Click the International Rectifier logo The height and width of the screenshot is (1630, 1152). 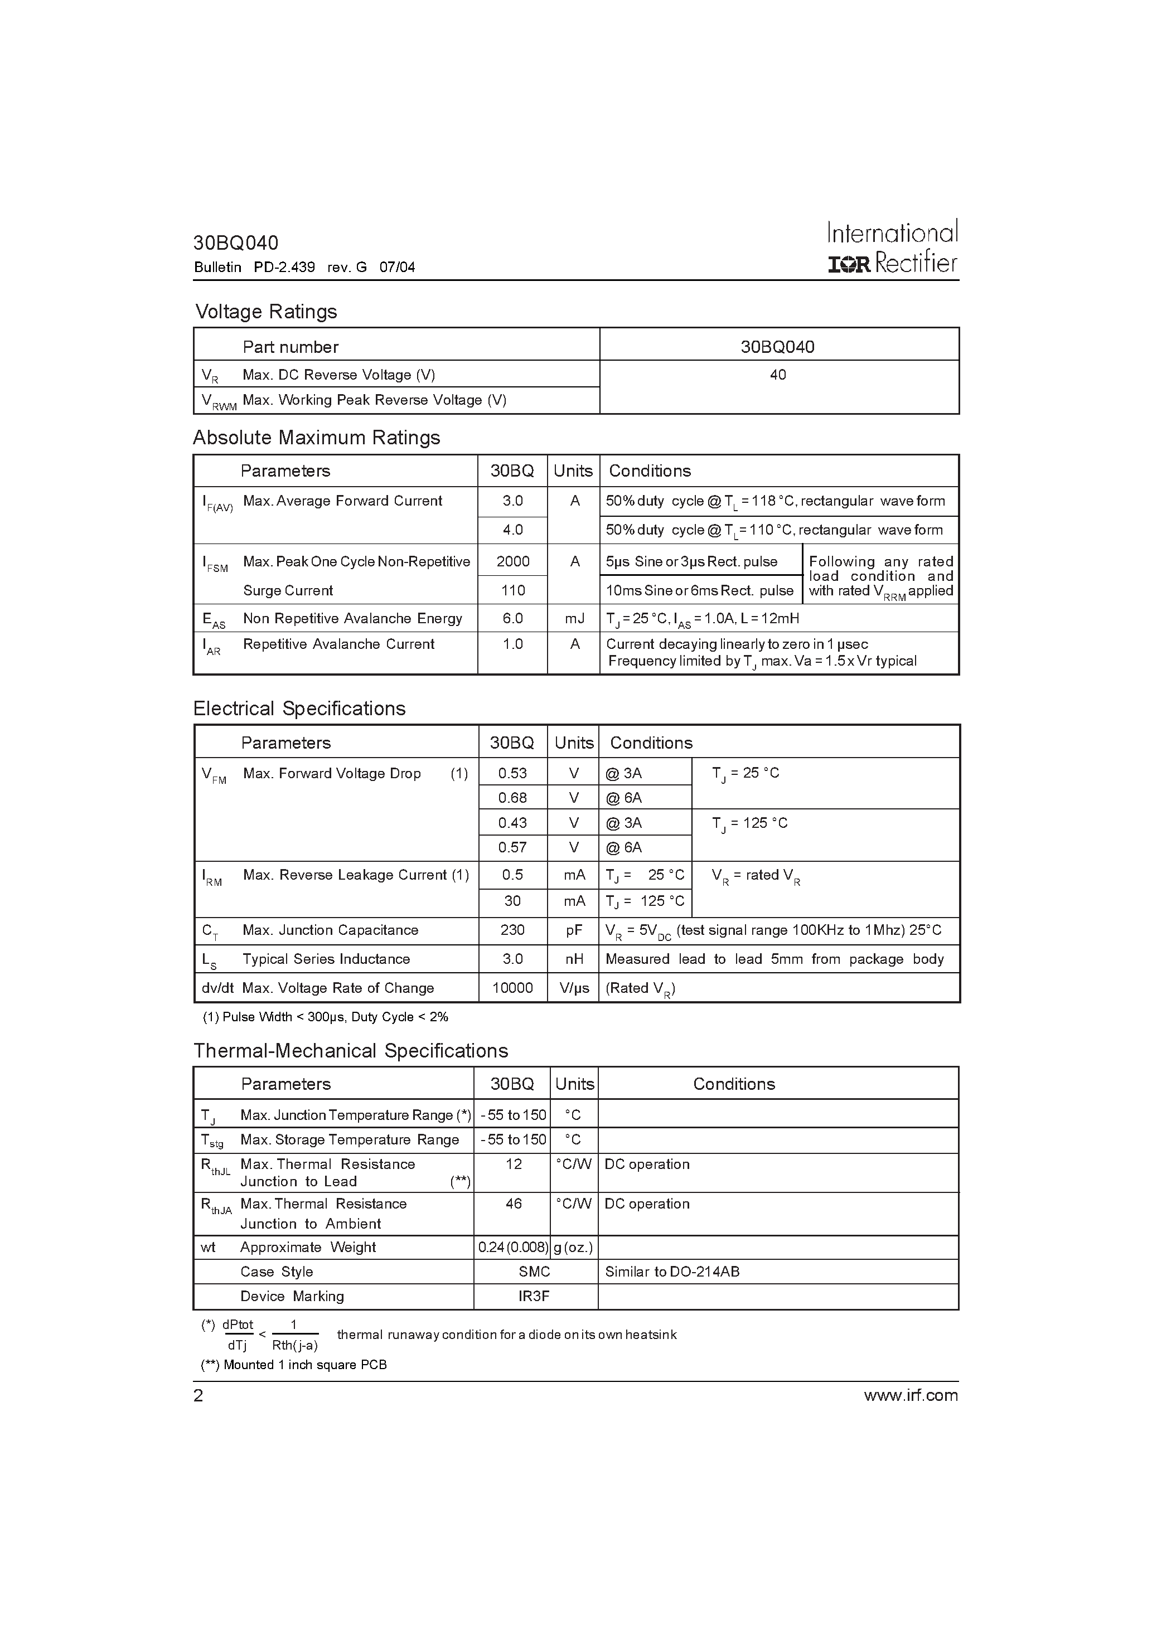(x=892, y=247)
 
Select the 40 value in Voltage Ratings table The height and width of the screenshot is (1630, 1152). (x=778, y=375)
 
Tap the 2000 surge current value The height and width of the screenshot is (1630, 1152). (x=513, y=561)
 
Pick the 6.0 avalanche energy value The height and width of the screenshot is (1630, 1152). (x=513, y=618)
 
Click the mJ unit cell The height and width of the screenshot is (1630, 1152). (x=574, y=618)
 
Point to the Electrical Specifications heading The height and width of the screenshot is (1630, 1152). (x=299, y=709)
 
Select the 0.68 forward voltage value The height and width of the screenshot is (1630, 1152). (x=513, y=798)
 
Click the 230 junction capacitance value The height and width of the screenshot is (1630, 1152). (x=513, y=930)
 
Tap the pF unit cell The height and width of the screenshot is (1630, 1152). (x=574, y=930)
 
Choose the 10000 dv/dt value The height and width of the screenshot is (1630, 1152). (x=513, y=988)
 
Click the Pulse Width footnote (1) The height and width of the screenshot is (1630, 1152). (x=325, y=1017)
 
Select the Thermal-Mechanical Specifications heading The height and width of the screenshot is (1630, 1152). (x=351, y=1051)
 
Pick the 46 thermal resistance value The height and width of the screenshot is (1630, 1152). (x=514, y=1204)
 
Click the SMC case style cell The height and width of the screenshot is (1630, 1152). (x=535, y=1272)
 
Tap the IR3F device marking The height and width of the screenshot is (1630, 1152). (x=534, y=1296)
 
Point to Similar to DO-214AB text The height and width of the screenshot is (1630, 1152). (x=672, y=1272)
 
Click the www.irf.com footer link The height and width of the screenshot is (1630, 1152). (x=911, y=1396)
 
